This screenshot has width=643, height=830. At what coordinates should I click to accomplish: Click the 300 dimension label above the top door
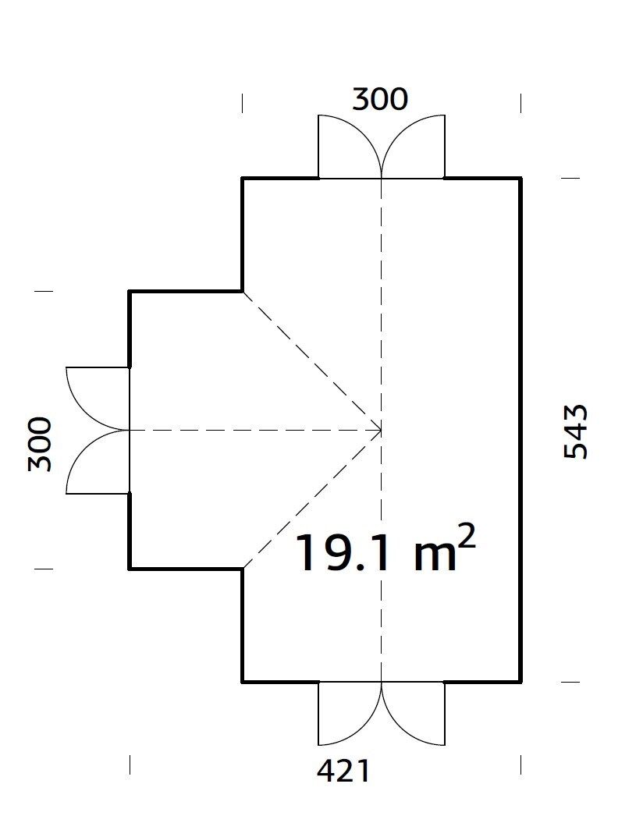pyautogui.click(x=380, y=100)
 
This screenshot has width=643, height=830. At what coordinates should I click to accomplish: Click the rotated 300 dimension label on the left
pyautogui.click(x=40, y=444)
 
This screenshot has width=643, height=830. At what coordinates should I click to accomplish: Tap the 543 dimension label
pyautogui.click(x=575, y=431)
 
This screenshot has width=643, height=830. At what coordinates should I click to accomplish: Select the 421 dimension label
pyautogui.click(x=343, y=771)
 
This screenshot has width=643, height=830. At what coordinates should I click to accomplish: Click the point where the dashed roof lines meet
pyautogui.click(x=381, y=430)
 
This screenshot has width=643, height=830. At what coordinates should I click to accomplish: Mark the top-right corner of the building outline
pyautogui.click(x=520, y=179)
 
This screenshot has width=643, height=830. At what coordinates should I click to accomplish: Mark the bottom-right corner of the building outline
pyautogui.click(x=520, y=682)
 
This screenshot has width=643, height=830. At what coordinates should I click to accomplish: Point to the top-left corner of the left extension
pyautogui.click(x=130, y=292)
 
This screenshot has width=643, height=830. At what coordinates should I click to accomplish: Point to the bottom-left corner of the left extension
pyautogui.click(x=130, y=569)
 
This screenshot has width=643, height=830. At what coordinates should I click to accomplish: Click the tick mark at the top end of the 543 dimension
pyautogui.click(x=570, y=179)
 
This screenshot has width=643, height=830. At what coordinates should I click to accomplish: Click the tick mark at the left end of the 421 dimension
pyautogui.click(x=130, y=764)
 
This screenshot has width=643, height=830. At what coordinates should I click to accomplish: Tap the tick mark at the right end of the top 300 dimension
pyautogui.click(x=520, y=102)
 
